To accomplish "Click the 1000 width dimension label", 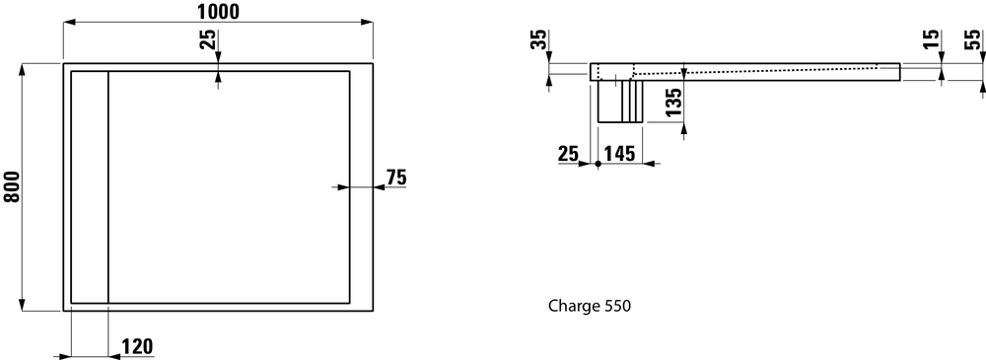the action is tap(217, 11).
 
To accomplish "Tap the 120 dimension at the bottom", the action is tap(137, 347).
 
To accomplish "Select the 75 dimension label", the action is tap(396, 178).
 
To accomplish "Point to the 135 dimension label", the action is tap(673, 102).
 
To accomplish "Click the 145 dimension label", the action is tap(619, 154).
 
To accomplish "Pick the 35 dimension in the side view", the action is tap(539, 39).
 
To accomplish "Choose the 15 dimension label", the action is tap(933, 38).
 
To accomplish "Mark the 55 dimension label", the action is tap(972, 39).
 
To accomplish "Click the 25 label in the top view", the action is tap(209, 39).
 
